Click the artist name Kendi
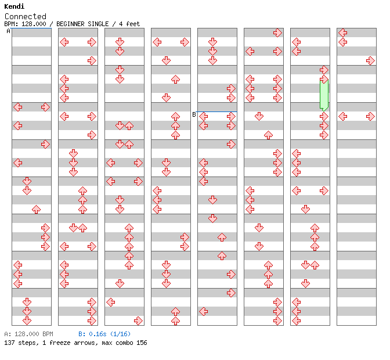tap(14, 6)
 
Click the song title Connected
tap(25, 16)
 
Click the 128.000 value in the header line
tap(34, 24)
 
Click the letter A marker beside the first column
tap(9, 31)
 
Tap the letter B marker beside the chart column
tap(194, 114)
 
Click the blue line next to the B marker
tap(217, 112)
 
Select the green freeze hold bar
tap(324, 94)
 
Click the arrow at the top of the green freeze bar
tap(324, 79)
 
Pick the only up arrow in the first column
tap(36, 209)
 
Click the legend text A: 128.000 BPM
tap(28, 334)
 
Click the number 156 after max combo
tap(141, 343)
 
